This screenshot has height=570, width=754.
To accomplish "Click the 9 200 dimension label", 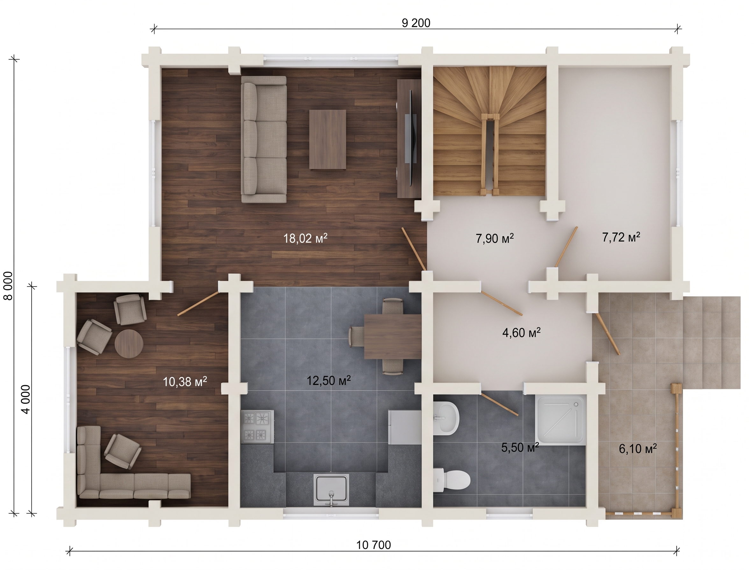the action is click(416, 23).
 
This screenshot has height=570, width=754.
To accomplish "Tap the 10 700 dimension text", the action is click(373, 545).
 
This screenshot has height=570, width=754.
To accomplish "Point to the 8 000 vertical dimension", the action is click(8, 286).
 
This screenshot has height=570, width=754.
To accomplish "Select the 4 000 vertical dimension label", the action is click(25, 399).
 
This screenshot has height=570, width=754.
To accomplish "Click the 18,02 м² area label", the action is click(305, 238).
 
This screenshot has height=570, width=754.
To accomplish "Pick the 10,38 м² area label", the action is click(185, 382).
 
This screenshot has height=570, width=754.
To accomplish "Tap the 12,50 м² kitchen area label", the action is click(329, 380).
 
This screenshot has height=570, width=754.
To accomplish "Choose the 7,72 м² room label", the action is click(621, 237).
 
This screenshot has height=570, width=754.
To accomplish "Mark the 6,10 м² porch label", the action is click(638, 449).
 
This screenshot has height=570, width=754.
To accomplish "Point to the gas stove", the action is click(258, 427).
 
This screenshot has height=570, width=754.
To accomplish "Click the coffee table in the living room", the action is click(328, 139).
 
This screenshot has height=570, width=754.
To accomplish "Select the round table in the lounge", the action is click(129, 343).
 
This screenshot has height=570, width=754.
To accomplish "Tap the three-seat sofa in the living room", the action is click(264, 139).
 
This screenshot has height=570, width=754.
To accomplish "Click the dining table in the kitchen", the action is click(393, 337).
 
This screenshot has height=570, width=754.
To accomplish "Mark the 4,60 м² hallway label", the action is click(522, 332).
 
